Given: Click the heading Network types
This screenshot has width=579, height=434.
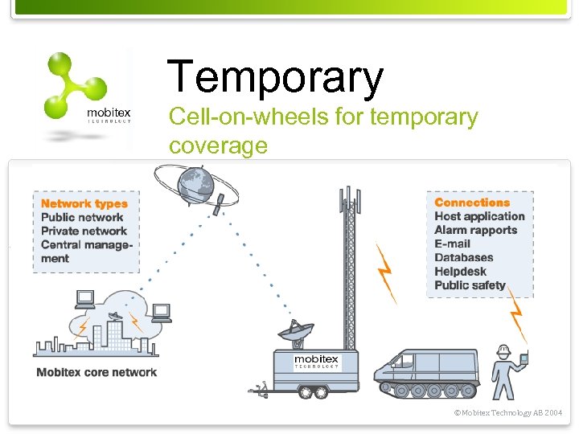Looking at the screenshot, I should point(84,203).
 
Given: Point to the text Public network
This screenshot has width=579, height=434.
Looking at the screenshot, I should point(82,217).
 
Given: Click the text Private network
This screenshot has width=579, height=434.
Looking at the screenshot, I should point(84,231).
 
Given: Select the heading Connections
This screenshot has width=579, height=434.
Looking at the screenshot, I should point(472,203).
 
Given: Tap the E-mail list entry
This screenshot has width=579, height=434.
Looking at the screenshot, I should point(452,244).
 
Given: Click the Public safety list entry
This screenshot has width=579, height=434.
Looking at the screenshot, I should point(470,285).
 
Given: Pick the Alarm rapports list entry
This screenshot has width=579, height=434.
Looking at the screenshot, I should point(475,230).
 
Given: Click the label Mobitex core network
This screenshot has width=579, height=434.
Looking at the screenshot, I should point(96,372).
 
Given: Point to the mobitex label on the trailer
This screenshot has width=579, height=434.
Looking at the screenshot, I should point(316,361).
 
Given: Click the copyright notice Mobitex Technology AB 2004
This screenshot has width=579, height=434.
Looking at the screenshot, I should point(507,412).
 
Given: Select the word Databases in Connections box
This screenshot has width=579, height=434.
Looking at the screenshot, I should point(463,257).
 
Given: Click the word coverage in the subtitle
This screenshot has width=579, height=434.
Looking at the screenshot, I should point(218,145).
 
